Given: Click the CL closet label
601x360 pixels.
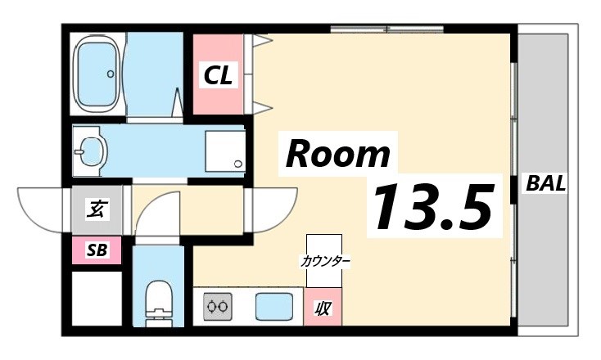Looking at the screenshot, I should [219, 76].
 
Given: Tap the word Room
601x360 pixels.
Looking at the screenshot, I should [337, 153].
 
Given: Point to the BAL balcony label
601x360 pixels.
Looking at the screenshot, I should [545, 183].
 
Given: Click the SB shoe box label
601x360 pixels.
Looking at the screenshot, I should [96, 250].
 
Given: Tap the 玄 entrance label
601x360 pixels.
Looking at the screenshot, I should [96, 209].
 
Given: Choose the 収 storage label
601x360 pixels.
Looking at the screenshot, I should [323, 308].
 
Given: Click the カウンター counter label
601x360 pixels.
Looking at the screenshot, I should [325, 262].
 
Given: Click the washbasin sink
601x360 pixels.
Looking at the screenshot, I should [89, 151].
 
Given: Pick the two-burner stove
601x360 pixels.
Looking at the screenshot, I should [218, 308].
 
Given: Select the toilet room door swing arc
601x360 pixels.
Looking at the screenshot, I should [156, 216].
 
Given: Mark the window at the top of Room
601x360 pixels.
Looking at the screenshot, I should [386, 30].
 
